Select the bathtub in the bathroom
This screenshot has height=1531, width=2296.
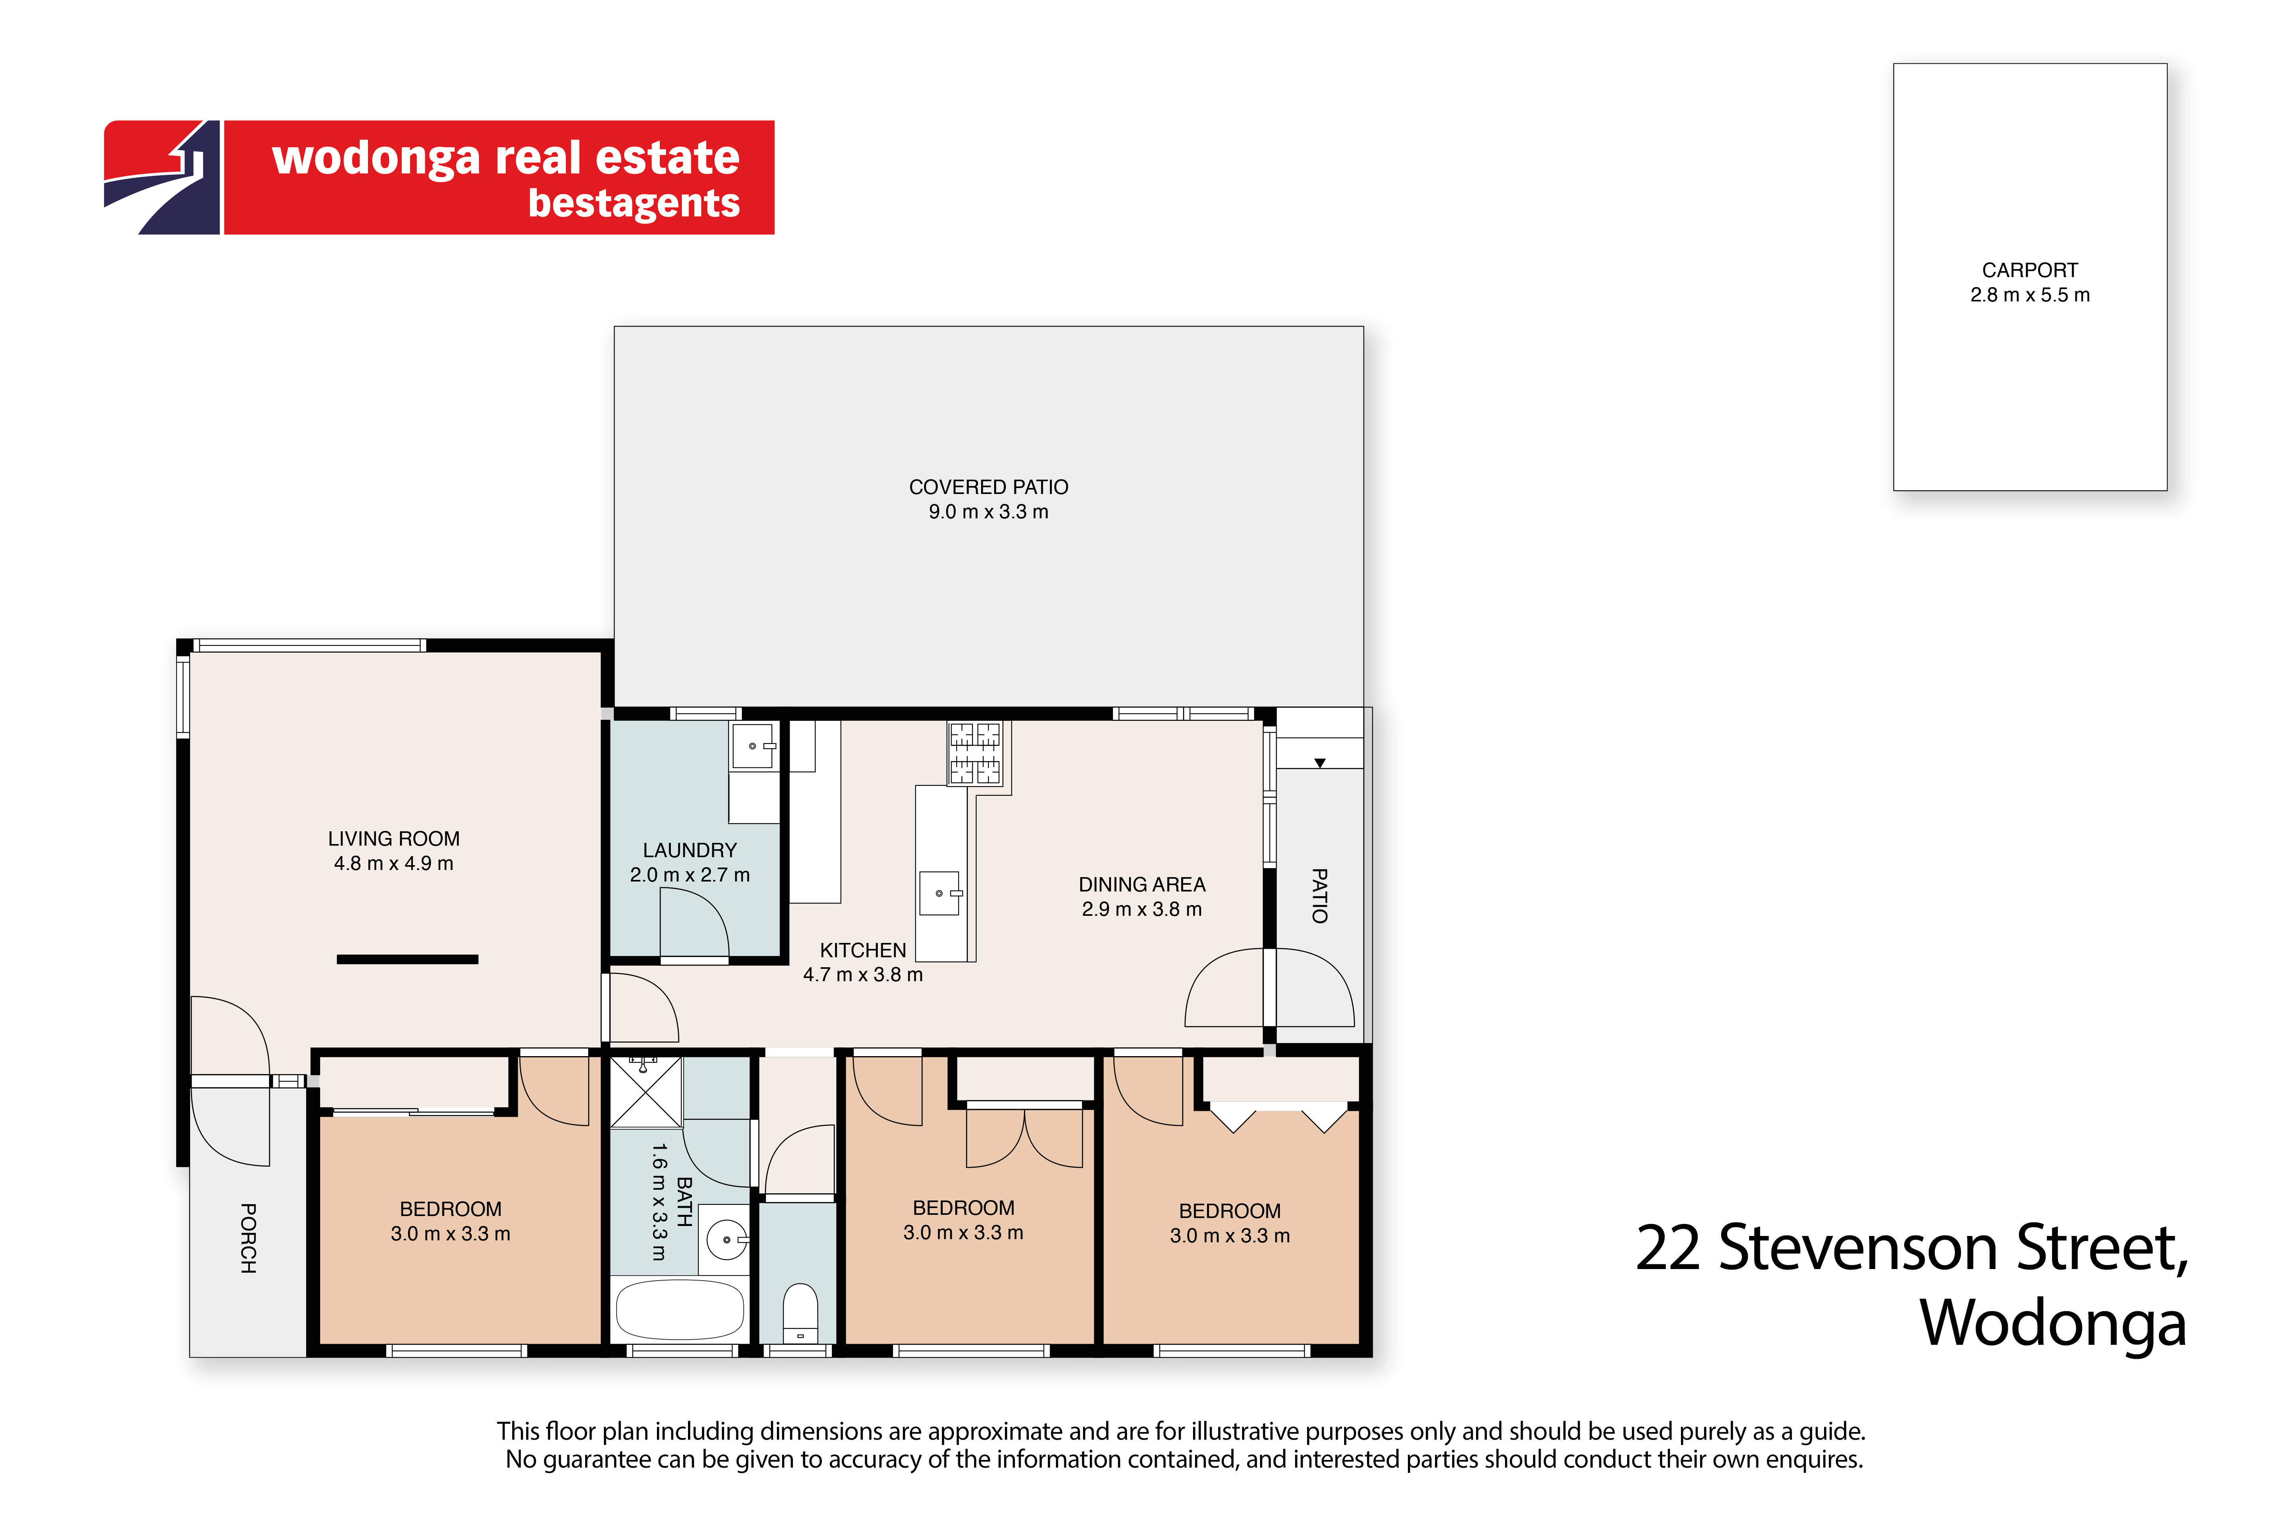point(680,1309)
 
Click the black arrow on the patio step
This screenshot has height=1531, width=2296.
point(1320,763)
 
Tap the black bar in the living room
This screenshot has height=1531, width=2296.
point(407,959)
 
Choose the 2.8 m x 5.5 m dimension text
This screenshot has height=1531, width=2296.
point(2029,295)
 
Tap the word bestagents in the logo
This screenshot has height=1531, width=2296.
point(633,203)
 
